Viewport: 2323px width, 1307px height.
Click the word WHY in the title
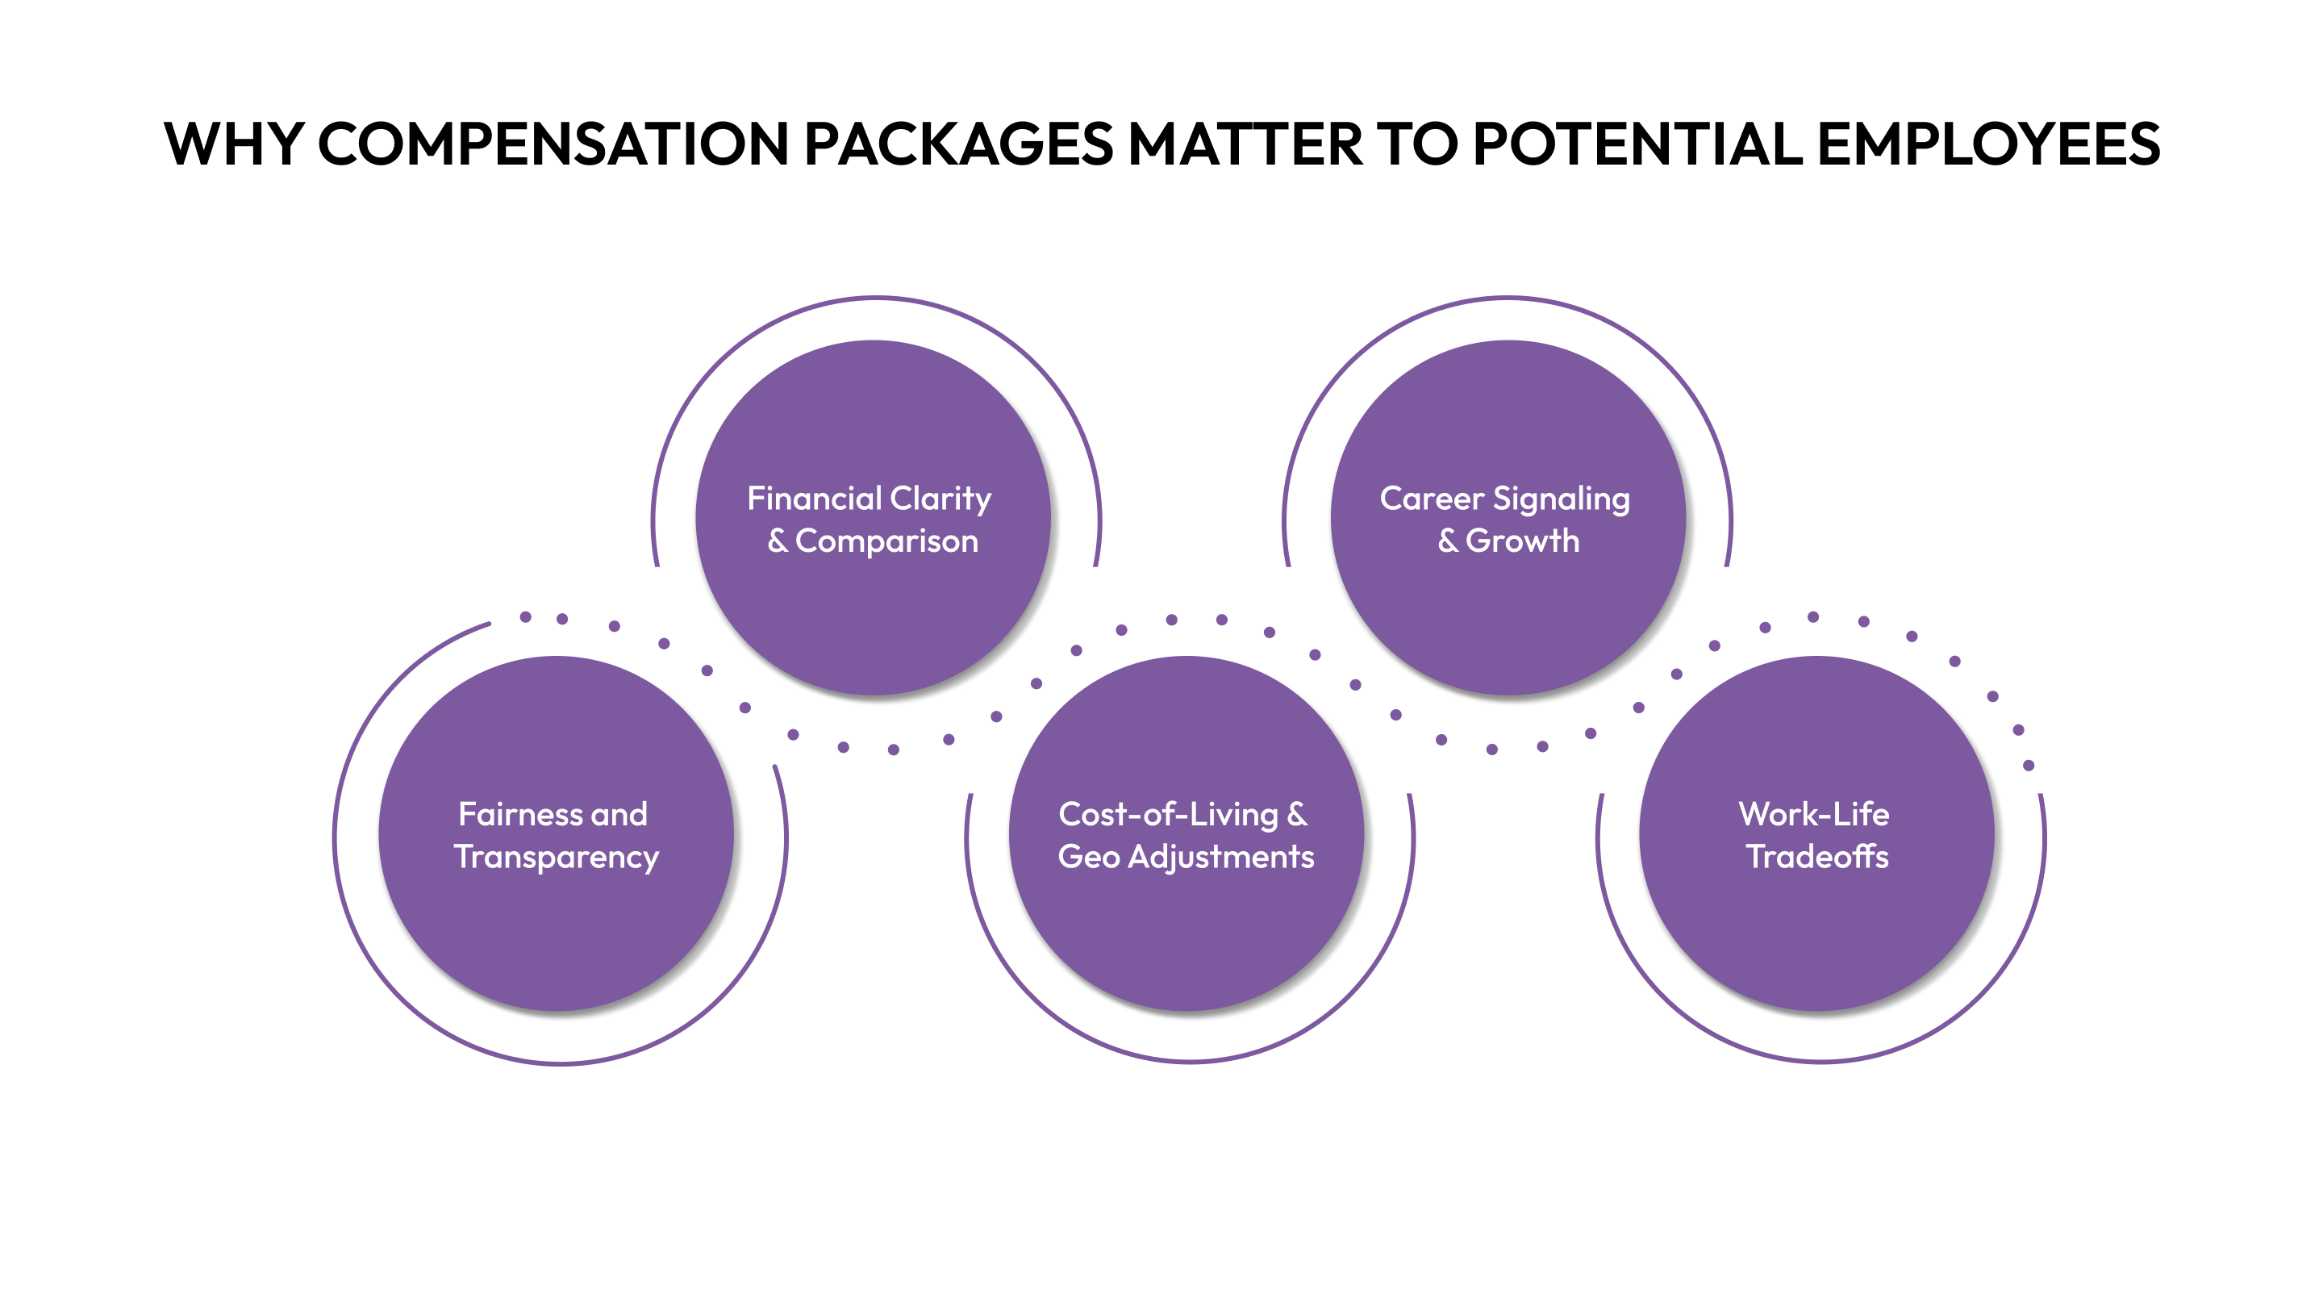click(232, 144)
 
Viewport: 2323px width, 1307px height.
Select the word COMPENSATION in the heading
click(553, 144)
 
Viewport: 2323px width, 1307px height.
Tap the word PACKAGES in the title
click(957, 144)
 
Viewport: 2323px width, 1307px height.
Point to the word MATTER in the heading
click(1245, 144)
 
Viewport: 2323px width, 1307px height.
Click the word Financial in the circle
click(813, 498)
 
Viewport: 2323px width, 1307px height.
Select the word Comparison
click(886, 541)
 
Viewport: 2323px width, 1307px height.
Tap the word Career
click(1431, 498)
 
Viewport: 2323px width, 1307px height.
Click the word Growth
click(1522, 541)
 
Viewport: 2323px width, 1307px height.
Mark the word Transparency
click(557, 858)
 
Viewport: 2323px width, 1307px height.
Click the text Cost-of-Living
click(1168, 815)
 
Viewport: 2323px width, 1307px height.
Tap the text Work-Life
click(1813, 815)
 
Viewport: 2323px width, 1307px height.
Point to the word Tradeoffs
click(1817, 857)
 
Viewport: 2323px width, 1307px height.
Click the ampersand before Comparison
click(778, 541)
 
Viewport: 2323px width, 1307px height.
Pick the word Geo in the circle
click(1088, 857)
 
